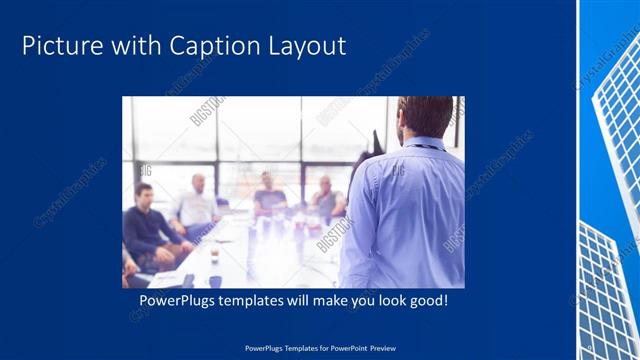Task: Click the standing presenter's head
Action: (424, 117)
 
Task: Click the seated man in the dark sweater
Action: (147, 225)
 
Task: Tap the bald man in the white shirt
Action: (197, 205)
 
